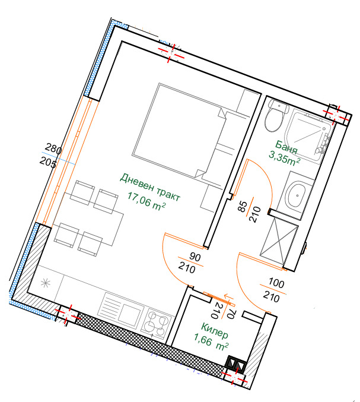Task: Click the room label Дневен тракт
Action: pyautogui.click(x=150, y=187)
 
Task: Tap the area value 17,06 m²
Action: pyautogui.click(x=146, y=202)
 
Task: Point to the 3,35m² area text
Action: pyautogui.click(x=284, y=158)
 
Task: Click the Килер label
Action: pyautogui.click(x=214, y=330)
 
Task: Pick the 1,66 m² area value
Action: pyautogui.click(x=211, y=343)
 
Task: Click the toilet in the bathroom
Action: pyautogui.click(x=276, y=115)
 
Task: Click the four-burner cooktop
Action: pyautogui.click(x=156, y=323)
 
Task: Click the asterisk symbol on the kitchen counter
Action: pyautogui.click(x=46, y=283)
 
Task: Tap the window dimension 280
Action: pyautogui.click(x=53, y=148)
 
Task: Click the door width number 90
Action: pyautogui.click(x=195, y=257)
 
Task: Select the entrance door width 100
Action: pyautogui.click(x=276, y=283)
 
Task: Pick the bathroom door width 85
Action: pyautogui.click(x=243, y=206)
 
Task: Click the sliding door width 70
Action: pyautogui.click(x=231, y=314)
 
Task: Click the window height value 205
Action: pyautogui.click(x=48, y=162)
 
